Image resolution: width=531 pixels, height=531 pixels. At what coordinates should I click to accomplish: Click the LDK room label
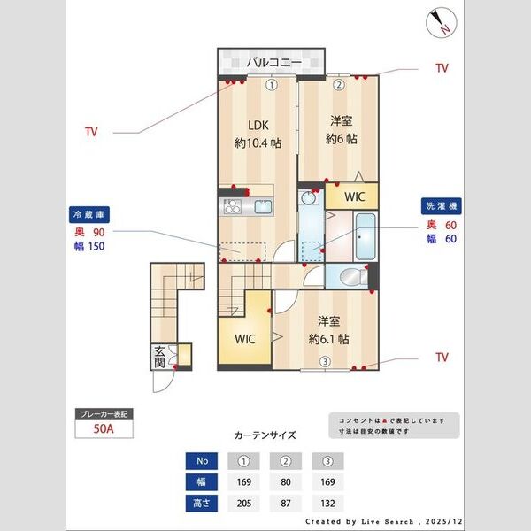point(245,125)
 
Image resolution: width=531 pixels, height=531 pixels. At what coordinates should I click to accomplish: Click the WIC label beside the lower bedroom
point(245,338)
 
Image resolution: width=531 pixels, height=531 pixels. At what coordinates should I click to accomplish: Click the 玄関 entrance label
point(159,356)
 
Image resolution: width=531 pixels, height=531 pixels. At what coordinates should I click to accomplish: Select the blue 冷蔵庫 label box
point(88,213)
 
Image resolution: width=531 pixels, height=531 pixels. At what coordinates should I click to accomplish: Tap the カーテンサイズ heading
point(265,435)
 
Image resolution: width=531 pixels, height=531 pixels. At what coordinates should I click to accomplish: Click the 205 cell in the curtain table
point(244,504)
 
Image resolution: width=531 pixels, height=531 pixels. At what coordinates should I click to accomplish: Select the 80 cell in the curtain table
point(286,482)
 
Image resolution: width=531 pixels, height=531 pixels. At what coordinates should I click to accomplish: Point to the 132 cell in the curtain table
point(327,504)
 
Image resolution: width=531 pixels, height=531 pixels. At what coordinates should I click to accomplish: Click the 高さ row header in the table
point(202,504)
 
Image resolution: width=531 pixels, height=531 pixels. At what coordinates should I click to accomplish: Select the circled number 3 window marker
point(325,360)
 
